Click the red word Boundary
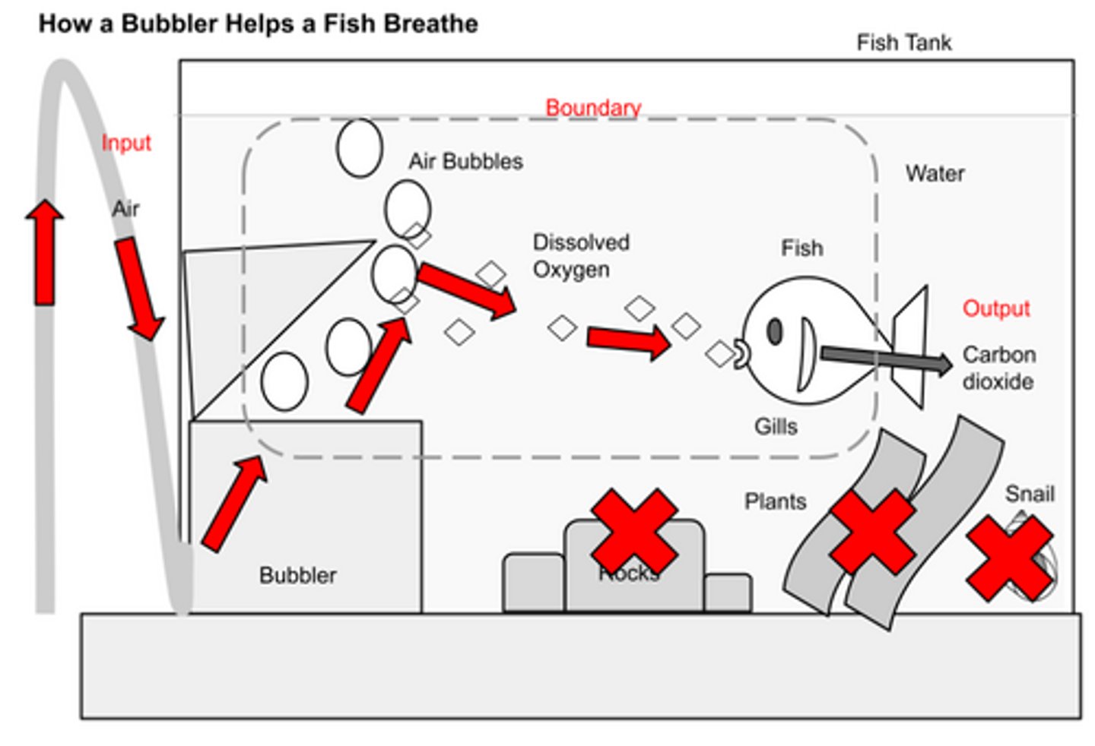click(593, 108)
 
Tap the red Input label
click(126, 143)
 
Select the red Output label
click(995, 308)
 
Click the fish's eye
click(775, 332)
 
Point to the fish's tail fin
click(911, 346)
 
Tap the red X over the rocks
click(633, 531)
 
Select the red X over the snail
click(1009, 558)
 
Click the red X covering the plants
click(872, 531)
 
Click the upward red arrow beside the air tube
click(45, 252)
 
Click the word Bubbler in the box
click(297, 575)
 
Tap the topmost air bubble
click(359, 148)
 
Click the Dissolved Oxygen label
click(580, 256)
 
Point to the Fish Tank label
click(903, 43)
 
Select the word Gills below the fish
click(776, 426)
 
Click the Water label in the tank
click(935, 174)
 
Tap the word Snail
click(1029, 494)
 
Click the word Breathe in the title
click(430, 24)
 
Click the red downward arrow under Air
click(139, 289)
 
